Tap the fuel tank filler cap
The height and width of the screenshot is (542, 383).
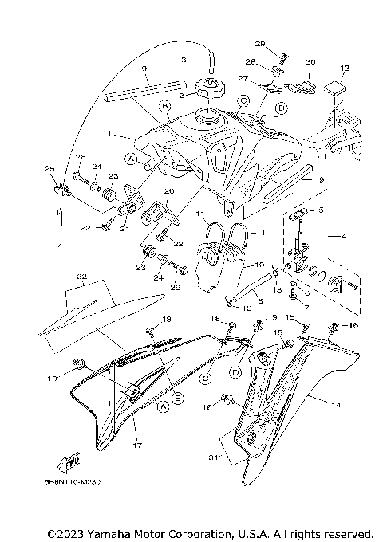(x=205, y=86)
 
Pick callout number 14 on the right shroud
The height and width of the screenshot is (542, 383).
(x=335, y=405)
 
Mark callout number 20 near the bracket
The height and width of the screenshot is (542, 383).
(x=168, y=191)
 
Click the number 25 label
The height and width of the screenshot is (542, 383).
(x=49, y=169)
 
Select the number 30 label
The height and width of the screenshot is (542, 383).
(x=310, y=61)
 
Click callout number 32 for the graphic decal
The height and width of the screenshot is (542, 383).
(x=81, y=277)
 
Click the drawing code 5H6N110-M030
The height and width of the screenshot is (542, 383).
(x=82, y=481)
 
